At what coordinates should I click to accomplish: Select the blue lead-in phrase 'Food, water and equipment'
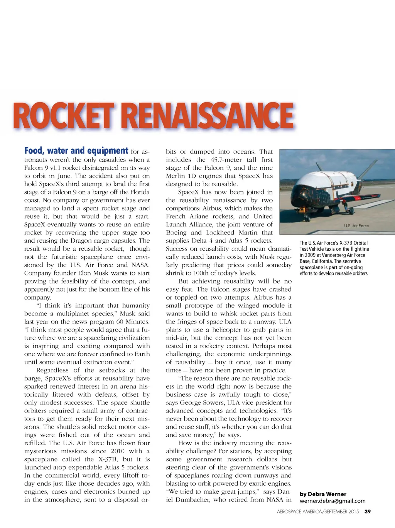[x=76, y=151]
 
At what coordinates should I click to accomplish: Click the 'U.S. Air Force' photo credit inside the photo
[x=356, y=226]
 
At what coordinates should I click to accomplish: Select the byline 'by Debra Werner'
[x=323, y=494]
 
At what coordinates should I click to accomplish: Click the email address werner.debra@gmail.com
[x=332, y=501]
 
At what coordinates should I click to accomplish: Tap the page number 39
[x=368, y=512]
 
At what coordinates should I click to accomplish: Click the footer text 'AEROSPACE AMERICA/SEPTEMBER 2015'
[x=317, y=512]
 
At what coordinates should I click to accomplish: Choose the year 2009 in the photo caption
[x=310, y=255]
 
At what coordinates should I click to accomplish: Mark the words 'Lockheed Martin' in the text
[x=231, y=233]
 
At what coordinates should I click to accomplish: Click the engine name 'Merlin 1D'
[x=181, y=176]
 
